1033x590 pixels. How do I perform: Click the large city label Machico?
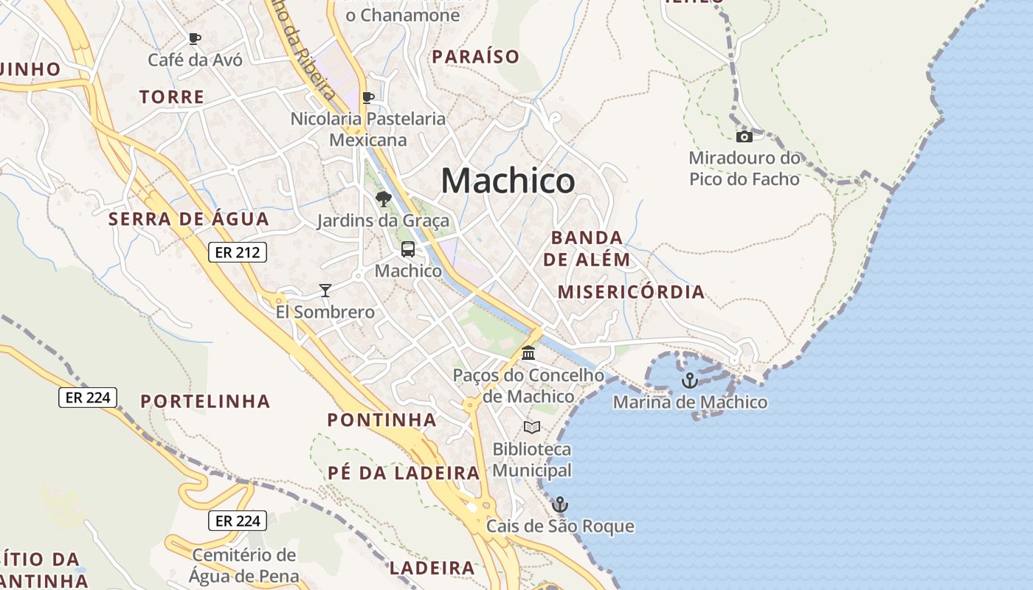click(508, 181)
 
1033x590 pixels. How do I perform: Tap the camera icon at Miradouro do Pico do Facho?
click(744, 136)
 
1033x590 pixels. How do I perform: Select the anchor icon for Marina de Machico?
click(690, 381)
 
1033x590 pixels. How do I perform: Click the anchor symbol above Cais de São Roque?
click(560, 504)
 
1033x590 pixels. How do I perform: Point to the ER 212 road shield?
click(237, 252)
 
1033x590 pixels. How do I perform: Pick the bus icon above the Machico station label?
click(408, 249)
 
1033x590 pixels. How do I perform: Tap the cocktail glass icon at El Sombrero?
click(325, 290)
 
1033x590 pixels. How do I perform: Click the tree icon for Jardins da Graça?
click(383, 198)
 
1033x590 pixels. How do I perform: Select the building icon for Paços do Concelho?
click(528, 353)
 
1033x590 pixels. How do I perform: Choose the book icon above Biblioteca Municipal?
click(531, 427)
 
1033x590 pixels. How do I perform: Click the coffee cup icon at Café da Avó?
click(195, 38)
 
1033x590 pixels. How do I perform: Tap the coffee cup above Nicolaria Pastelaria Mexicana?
click(368, 97)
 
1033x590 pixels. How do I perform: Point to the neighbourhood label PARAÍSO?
click(475, 57)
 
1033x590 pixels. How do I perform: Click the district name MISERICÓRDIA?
click(631, 292)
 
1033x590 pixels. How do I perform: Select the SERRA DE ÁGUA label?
click(189, 219)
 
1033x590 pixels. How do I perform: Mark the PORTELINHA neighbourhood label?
click(205, 401)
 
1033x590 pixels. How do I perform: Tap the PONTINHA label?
click(381, 420)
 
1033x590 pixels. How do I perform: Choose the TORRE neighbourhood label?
click(171, 97)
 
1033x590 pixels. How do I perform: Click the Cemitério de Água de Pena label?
click(244, 566)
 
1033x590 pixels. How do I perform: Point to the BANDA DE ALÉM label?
click(587, 249)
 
